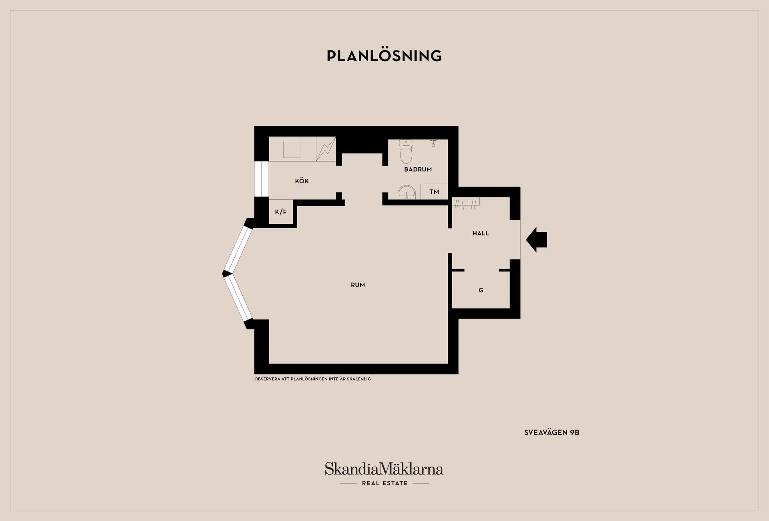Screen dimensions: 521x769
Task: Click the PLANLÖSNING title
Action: pos(384,56)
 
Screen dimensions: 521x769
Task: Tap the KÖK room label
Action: pos(302,181)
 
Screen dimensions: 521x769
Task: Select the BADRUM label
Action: pos(418,169)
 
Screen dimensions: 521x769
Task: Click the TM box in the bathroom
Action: pos(434,192)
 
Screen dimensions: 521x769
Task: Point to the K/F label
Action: pos(281,212)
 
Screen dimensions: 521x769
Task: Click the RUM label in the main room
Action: pos(358,285)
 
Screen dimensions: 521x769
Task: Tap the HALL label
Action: pos(481,233)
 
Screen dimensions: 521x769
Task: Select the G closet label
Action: pos(481,290)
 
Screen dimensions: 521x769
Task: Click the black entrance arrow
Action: pos(536,240)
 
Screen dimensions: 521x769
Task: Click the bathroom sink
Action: pos(407,192)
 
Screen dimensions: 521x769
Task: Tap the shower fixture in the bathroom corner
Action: pos(433,142)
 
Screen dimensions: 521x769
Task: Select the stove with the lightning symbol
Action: pos(326,149)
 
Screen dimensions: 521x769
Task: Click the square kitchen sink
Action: pos(292,149)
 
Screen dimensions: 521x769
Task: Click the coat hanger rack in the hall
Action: pos(466,204)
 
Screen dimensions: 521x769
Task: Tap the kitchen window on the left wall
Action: pos(262,179)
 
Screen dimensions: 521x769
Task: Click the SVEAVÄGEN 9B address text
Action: pos(552,433)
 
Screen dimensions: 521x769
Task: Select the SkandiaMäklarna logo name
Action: pos(384,469)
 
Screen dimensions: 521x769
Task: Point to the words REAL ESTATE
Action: pos(384,483)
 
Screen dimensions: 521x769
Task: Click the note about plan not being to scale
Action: pos(312,379)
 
